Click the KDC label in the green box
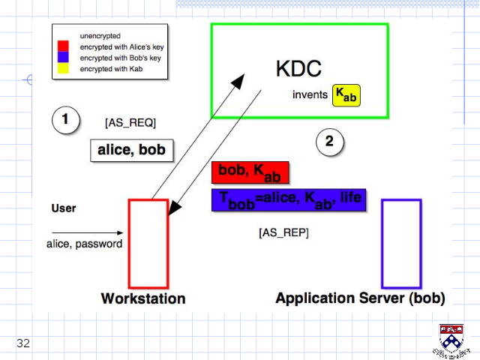point(298,68)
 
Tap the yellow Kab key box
point(346,95)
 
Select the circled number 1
point(66,120)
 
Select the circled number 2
point(330,142)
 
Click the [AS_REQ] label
point(130,123)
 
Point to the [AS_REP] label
point(283,232)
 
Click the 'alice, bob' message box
point(132,150)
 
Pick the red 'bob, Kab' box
point(250,172)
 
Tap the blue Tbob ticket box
point(289,200)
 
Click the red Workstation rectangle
point(129,244)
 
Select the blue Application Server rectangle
point(382,244)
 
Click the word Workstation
point(143,298)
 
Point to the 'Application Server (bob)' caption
point(360,298)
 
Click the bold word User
point(64,208)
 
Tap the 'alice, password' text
point(84,244)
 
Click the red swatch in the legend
point(63,46)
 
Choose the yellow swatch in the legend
point(63,68)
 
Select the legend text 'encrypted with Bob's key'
point(120,58)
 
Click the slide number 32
point(23,343)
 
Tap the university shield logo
point(451,340)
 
